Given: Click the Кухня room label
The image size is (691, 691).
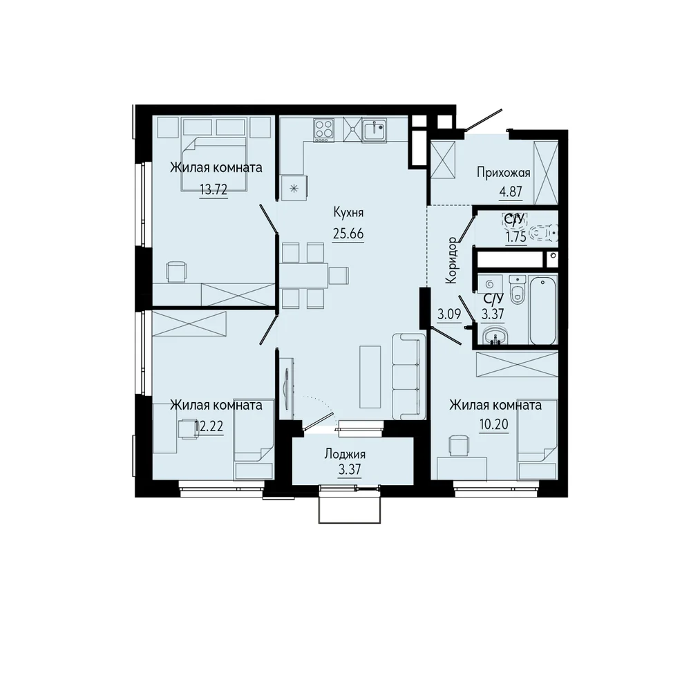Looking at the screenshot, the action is (348, 213).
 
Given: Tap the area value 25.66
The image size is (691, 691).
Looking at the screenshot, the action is (348, 234).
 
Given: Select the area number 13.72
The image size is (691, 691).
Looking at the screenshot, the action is (214, 190).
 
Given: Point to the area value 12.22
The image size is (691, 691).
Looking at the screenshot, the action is (209, 426).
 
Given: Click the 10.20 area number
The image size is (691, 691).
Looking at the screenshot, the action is (494, 424).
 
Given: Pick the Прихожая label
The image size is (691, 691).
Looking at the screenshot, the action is (504, 172).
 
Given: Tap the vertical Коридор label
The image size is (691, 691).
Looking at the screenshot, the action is (452, 261).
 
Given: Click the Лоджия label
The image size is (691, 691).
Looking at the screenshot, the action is (345, 453).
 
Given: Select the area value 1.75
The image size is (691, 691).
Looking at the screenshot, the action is (515, 237).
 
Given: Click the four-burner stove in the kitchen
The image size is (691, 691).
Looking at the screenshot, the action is (323, 130).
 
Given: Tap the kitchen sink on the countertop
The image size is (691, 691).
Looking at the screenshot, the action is (375, 131).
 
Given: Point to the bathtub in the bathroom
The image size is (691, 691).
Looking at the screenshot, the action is (543, 310).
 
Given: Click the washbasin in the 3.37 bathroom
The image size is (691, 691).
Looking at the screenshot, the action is (495, 336).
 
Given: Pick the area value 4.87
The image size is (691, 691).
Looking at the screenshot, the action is (511, 192).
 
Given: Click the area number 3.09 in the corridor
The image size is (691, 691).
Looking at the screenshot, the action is (449, 314).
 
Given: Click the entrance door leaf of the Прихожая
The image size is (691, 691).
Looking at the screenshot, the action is (484, 120).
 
